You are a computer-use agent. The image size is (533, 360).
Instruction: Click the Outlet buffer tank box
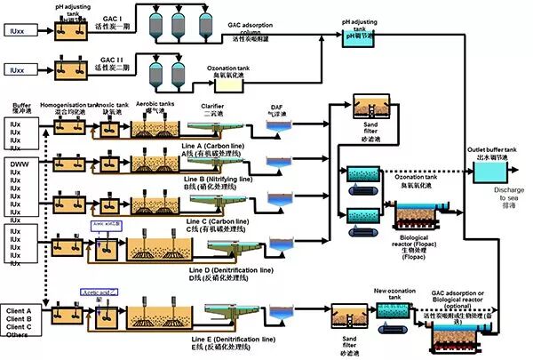point(488,170)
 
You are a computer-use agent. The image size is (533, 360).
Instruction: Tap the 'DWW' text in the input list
point(20,165)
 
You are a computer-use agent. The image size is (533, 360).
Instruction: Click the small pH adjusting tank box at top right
point(358,36)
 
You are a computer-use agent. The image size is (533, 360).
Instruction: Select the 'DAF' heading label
point(277,108)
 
